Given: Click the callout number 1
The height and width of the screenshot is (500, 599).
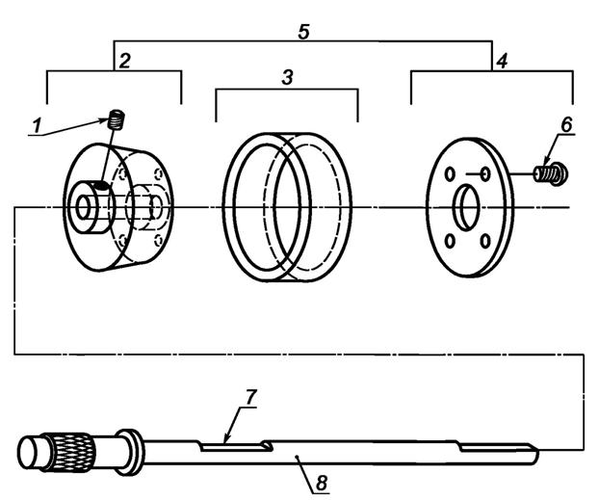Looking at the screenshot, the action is [37, 126].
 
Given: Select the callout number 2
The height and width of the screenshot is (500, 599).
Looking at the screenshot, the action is [125, 61].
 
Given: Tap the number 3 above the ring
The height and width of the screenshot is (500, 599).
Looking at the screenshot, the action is [287, 77].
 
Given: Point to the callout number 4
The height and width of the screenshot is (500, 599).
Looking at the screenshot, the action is [502, 61].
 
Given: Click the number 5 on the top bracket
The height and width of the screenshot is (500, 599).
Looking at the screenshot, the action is [303, 32].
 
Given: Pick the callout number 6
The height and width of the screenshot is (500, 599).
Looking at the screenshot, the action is [566, 124].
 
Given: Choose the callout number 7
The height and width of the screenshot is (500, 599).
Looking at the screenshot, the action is [249, 398].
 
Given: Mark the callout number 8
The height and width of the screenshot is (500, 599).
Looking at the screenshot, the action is [322, 484].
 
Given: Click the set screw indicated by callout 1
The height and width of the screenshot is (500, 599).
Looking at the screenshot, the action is [117, 119].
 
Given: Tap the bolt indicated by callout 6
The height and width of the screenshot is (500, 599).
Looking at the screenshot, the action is [551, 171].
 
